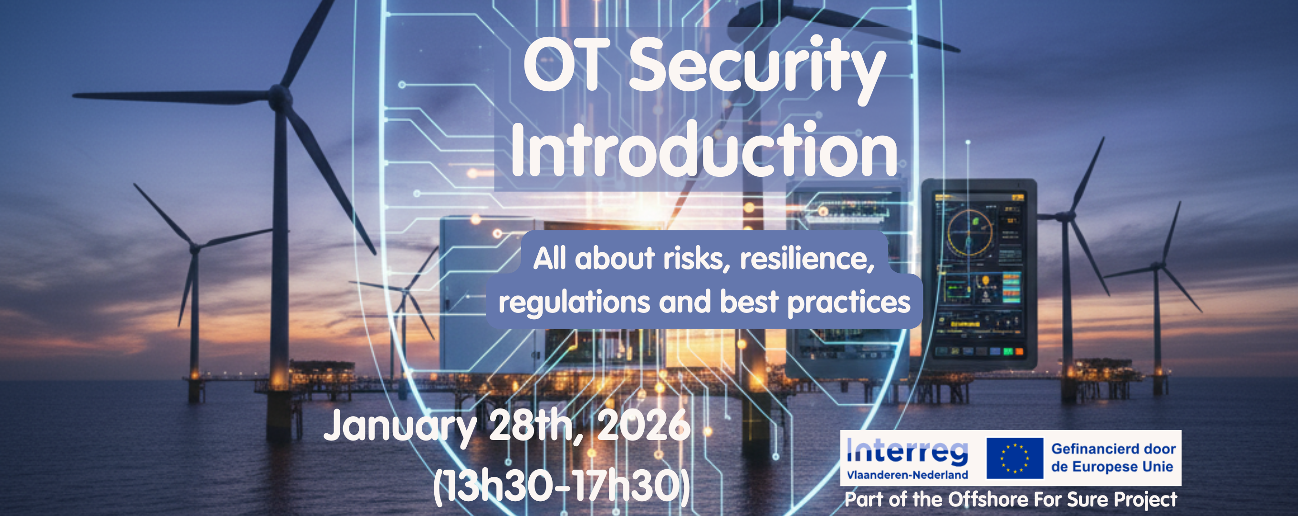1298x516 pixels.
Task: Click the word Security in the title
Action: (757, 68)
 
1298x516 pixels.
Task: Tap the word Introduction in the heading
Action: (704, 150)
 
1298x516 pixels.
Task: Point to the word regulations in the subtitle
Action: (575, 302)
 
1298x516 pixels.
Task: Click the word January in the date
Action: (400, 427)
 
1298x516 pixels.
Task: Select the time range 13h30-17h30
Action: (561, 487)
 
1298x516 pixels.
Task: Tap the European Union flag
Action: (1015, 458)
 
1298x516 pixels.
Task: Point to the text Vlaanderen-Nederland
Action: (908, 475)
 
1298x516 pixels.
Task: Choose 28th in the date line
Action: (535, 426)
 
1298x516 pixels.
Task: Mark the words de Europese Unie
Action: (1112, 467)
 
